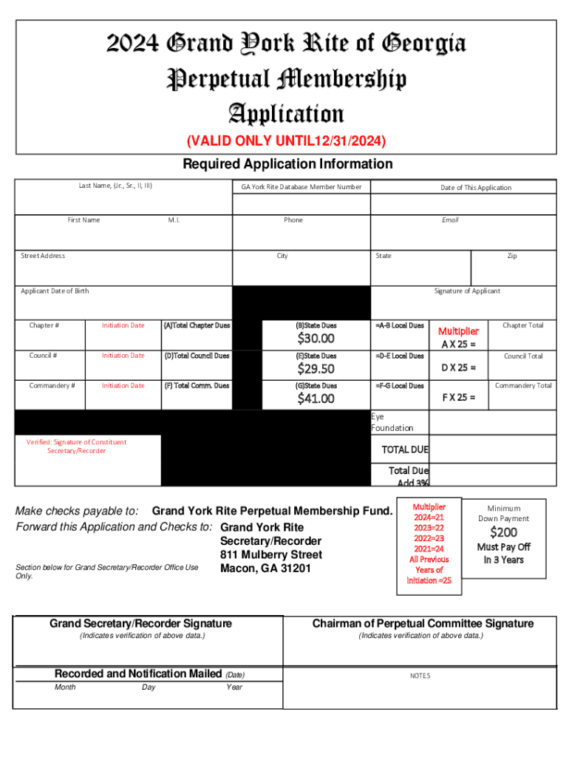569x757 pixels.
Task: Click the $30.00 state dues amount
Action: pyautogui.click(x=316, y=339)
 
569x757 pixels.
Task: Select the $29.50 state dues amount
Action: pyautogui.click(x=316, y=369)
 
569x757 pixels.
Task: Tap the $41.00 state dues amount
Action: pyautogui.click(x=316, y=399)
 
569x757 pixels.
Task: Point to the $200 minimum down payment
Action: pyautogui.click(x=503, y=532)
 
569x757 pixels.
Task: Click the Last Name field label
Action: pyautogui.click(x=115, y=186)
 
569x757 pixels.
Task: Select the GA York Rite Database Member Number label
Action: pyautogui.click(x=301, y=187)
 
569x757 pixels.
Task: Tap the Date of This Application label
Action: pyautogui.click(x=476, y=188)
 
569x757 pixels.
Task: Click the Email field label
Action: pyautogui.click(x=450, y=220)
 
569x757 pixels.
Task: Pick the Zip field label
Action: pyautogui.click(x=511, y=256)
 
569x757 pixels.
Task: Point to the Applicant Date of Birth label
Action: pyautogui.click(x=55, y=291)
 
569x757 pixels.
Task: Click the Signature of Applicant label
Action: pyautogui.click(x=467, y=291)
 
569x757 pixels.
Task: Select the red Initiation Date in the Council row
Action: pyautogui.click(x=123, y=356)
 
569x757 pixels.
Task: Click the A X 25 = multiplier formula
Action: pyautogui.click(x=459, y=344)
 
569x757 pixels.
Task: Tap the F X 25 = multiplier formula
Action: pyautogui.click(x=459, y=397)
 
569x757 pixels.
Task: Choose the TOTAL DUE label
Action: pyautogui.click(x=404, y=449)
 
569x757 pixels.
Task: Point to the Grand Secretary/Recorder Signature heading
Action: pyautogui.click(x=140, y=624)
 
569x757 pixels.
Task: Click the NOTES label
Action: pyautogui.click(x=420, y=676)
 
